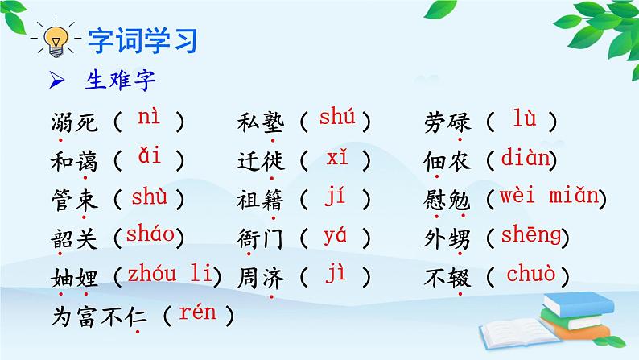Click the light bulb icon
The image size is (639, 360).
tap(54, 41)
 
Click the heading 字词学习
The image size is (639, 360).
tap(142, 40)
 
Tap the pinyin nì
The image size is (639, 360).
tap(149, 118)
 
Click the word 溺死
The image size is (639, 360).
tap(73, 122)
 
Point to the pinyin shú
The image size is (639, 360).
tap(337, 118)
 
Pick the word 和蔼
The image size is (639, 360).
tap(73, 160)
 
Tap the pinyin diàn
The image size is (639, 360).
tap(525, 158)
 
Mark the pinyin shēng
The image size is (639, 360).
tap(527, 235)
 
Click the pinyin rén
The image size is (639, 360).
tap(198, 312)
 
